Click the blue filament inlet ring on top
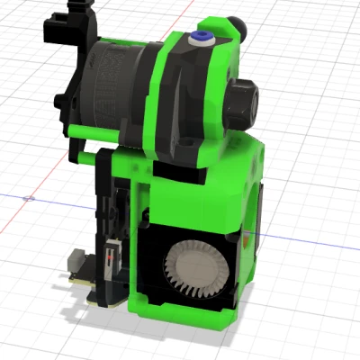pos(198,38)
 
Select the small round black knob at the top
pos(236,25)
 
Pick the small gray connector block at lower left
pos(76,262)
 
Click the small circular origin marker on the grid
pos(28,197)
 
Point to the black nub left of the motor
pos(61,94)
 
